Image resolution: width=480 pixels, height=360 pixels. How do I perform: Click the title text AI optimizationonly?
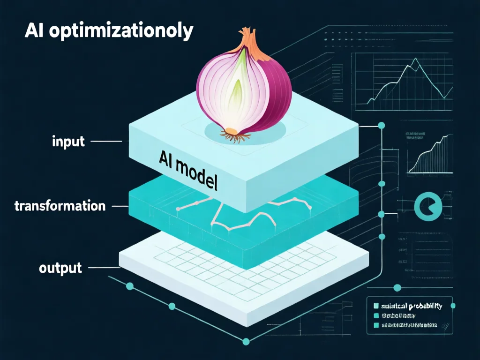tap(108, 31)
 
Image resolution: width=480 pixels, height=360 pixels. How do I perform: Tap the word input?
tap(68, 141)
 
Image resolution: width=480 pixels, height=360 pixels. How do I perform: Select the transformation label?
tap(60, 206)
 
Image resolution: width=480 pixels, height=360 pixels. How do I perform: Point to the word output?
tap(60, 268)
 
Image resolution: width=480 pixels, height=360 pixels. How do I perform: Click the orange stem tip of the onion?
tap(248, 38)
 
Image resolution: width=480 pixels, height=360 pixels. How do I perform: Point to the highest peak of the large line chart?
tap(414, 60)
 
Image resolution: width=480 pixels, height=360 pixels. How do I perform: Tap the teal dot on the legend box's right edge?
tap(453, 306)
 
